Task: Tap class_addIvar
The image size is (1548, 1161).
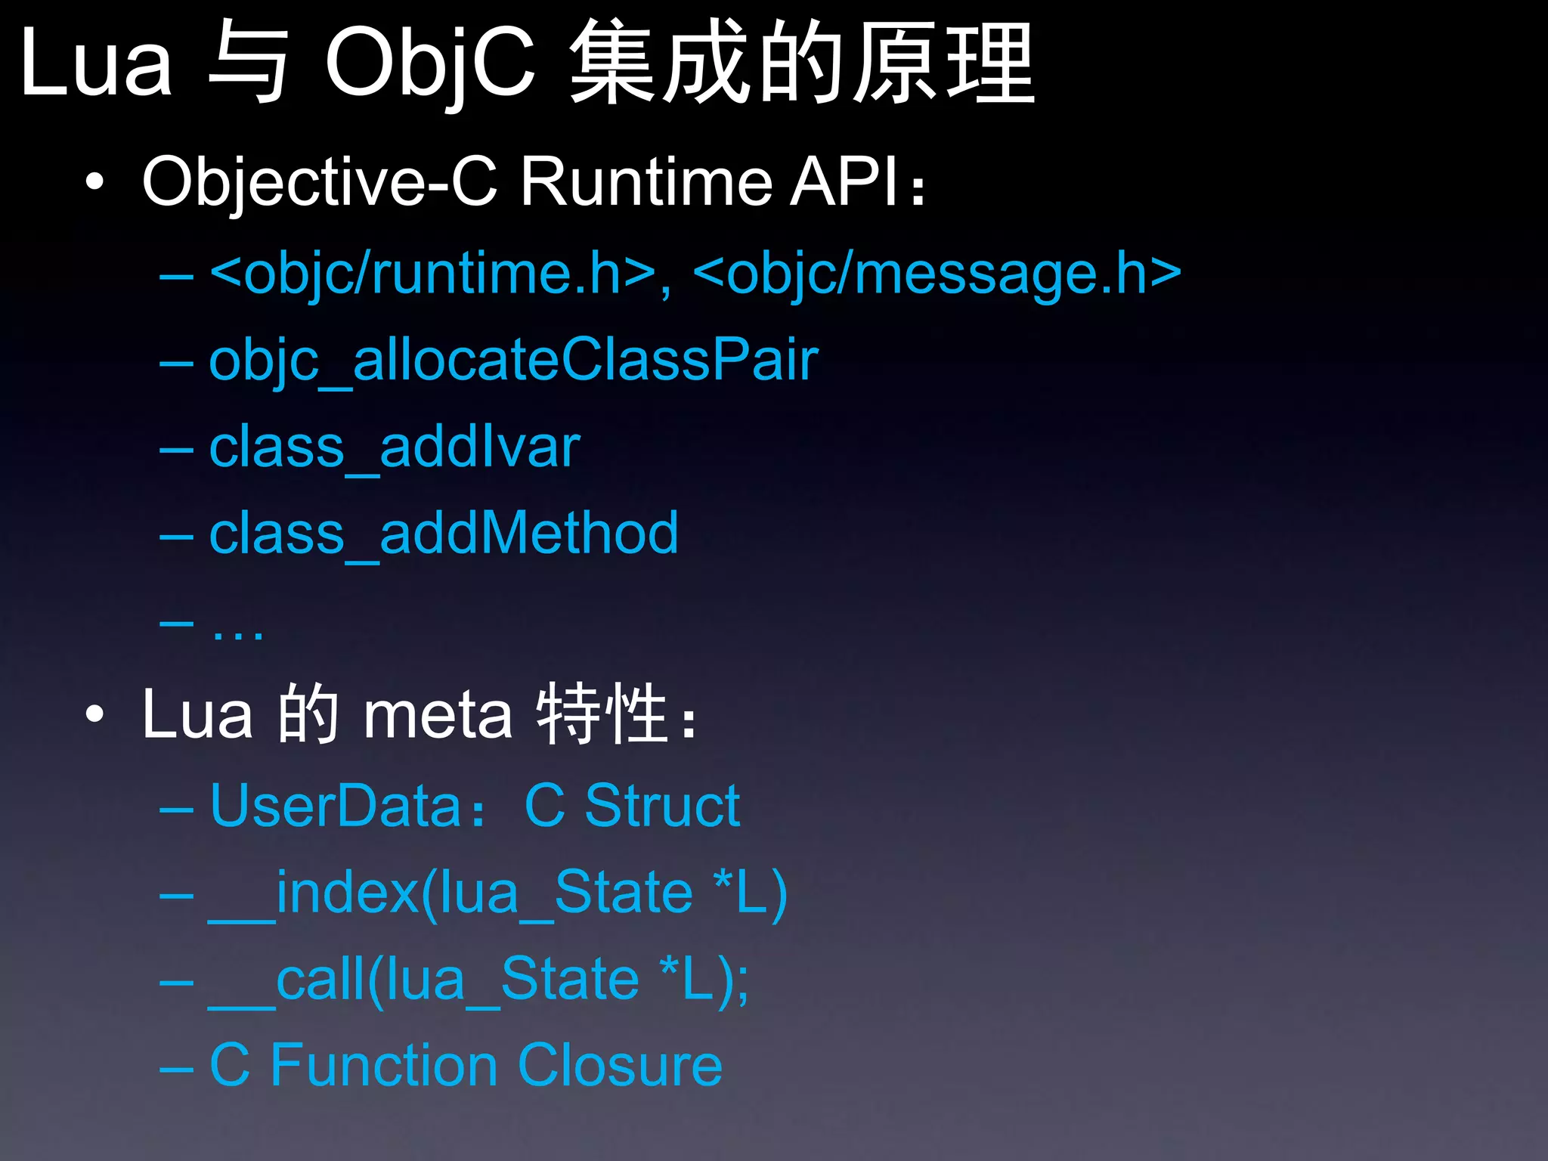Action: coord(394,447)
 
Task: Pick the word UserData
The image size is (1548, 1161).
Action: coord(336,806)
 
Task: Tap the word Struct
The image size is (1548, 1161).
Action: coord(662,806)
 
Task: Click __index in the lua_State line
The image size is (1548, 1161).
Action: coord(314,893)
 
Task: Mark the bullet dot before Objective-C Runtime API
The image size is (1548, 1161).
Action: coord(94,182)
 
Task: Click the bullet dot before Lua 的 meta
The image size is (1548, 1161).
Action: coord(94,714)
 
